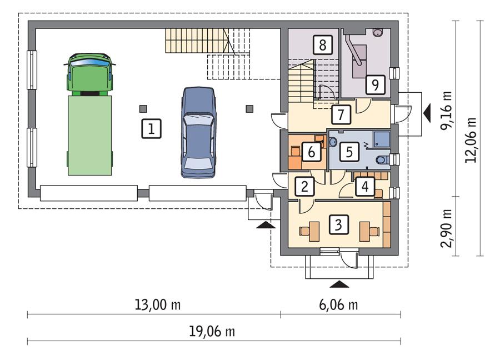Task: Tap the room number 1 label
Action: [151, 129]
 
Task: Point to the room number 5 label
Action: [348, 152]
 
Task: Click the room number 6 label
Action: [312, 151]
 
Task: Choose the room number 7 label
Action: [340, 114]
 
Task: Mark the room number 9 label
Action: [375, 85]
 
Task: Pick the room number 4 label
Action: [364, 187]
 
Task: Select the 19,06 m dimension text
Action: [212, 332]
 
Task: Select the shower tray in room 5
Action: [381, 139]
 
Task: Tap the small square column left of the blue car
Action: [144, 108]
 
